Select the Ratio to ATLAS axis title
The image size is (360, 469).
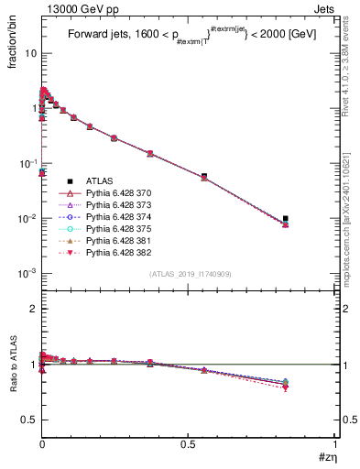(13, 365)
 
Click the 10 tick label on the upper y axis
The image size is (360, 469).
(29, 53)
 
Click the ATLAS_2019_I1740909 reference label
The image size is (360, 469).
(189, 275)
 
